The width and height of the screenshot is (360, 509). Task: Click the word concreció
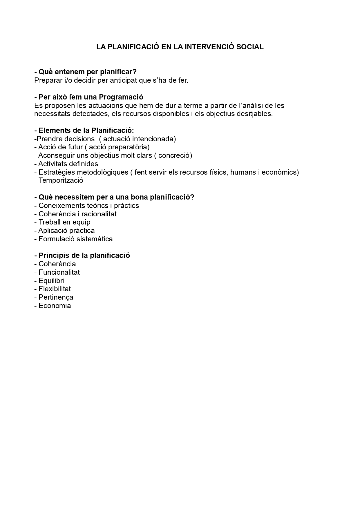click(x=175, y=155)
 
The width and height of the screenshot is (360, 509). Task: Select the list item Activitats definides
click(x=68, y=164)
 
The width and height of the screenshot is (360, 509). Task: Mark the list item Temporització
click(x=61, y=180)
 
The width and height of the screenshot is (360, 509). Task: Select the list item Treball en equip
click(x=64, y=222)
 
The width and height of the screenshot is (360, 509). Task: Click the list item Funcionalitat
click(x=59, y=272)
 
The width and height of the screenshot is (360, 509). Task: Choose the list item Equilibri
click(x=51, y=281)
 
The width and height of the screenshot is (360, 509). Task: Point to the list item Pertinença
click(x=56, y=297)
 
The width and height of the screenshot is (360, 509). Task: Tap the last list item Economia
click(x=55, y=306)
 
